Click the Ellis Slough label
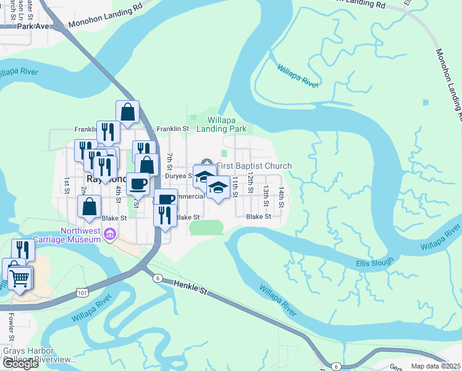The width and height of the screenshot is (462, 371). point(374,263)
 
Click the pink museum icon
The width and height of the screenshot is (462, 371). point(111,234)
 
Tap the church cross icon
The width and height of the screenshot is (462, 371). point(206,162)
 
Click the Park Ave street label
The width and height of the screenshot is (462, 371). point(33,27)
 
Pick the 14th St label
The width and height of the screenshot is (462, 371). point(280,196)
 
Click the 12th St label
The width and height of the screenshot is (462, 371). point(251,181)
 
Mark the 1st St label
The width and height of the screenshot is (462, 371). point(66,184)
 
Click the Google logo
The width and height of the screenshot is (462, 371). point(20,364)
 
